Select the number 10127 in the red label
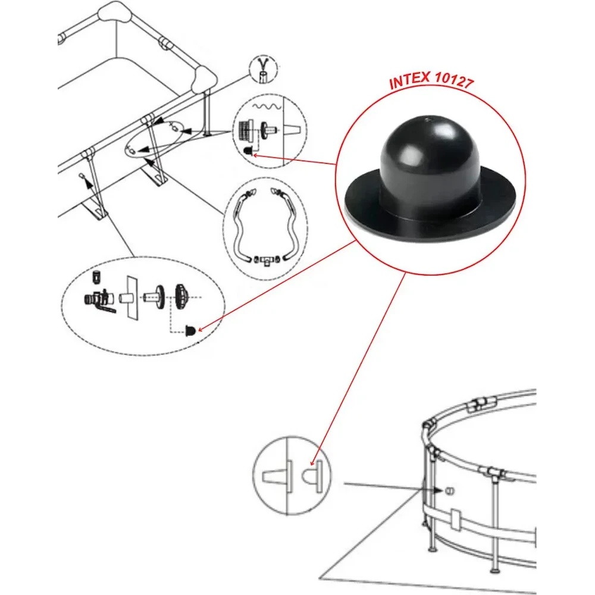click(x=454, y=80)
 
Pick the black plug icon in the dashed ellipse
click(x=190, y=330)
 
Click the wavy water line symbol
click(x=268, y=107)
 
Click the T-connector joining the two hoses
click(x=268, y=260)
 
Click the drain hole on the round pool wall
click(x=449, y=491)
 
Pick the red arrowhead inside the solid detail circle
click(x=312, y=463)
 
